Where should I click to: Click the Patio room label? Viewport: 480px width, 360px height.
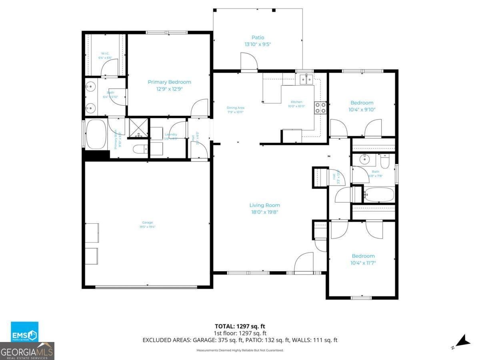(x=258, y=38)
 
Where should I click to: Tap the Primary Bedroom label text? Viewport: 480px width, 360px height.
(x=169, y=82)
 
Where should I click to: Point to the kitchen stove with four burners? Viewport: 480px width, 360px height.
(x=320, y=108)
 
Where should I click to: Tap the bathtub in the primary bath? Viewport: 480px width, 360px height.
(x=96, y=133)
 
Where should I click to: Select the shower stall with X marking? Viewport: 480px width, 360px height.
(x=138, y=128)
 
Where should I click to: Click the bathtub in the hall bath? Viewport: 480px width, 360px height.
(x=379, y=195)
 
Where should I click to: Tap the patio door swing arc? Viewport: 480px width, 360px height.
(x=249, y=62)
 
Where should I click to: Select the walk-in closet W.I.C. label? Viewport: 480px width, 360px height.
(x=105, y=53)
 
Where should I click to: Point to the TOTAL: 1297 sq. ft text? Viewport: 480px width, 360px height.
(x=240, y=326)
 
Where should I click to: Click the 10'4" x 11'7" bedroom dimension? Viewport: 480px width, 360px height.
(x=363, y=263)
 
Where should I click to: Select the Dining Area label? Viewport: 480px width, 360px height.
(x=235, y=108)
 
